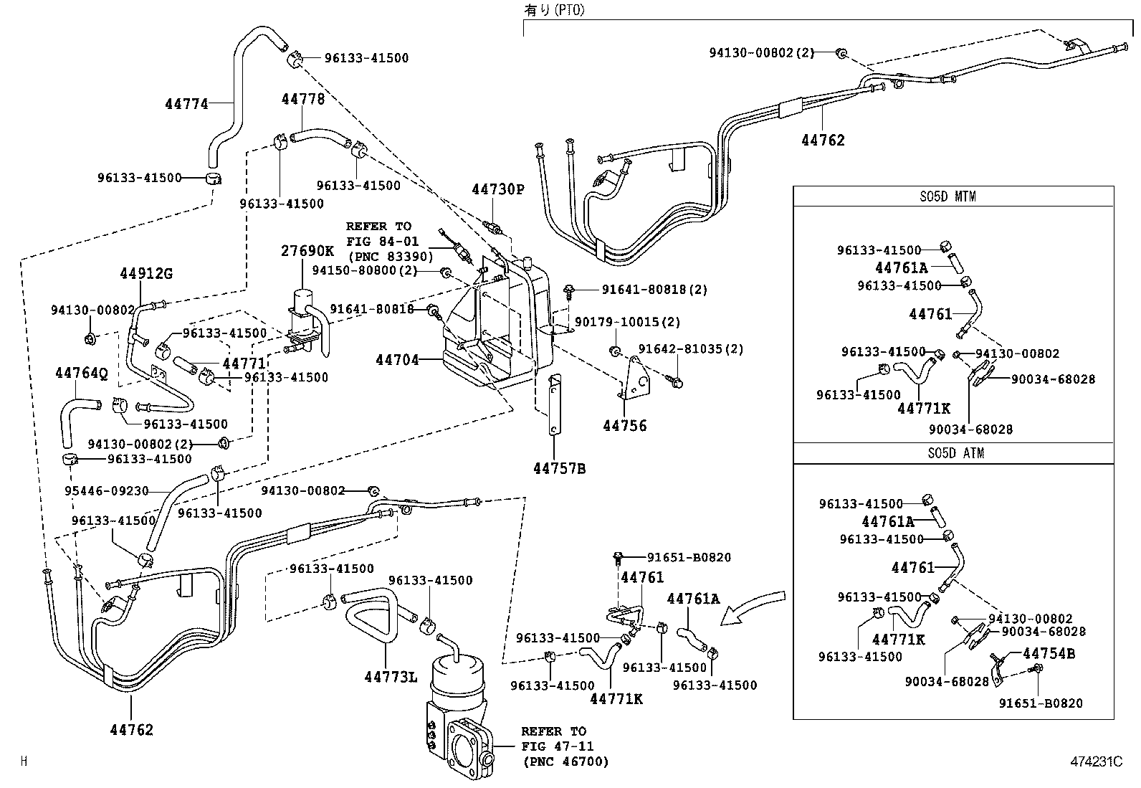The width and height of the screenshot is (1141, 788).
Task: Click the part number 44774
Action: (186, 104)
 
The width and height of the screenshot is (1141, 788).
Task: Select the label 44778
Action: (302, 99)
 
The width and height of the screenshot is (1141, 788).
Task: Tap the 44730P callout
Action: (498, 189)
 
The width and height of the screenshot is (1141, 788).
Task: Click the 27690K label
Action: (307, 251)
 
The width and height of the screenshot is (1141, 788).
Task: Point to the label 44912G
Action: (146, 274)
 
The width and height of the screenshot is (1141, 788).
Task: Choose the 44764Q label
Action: (81, 373)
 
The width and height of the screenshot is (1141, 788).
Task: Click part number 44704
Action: (397, 360)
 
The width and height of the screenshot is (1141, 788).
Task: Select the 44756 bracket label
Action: (624, 426)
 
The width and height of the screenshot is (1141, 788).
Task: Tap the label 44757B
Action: (559, 469)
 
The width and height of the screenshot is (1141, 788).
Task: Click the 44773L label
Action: (390, 677)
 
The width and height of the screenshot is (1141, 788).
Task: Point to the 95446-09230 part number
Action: (107, 491)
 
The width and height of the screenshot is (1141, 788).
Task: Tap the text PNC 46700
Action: (565, 761)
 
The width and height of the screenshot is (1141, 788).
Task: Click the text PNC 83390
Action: (390, 257)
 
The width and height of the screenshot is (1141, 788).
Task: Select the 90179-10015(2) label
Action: (627, 323)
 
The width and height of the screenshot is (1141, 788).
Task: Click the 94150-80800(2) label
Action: (364, 270)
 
